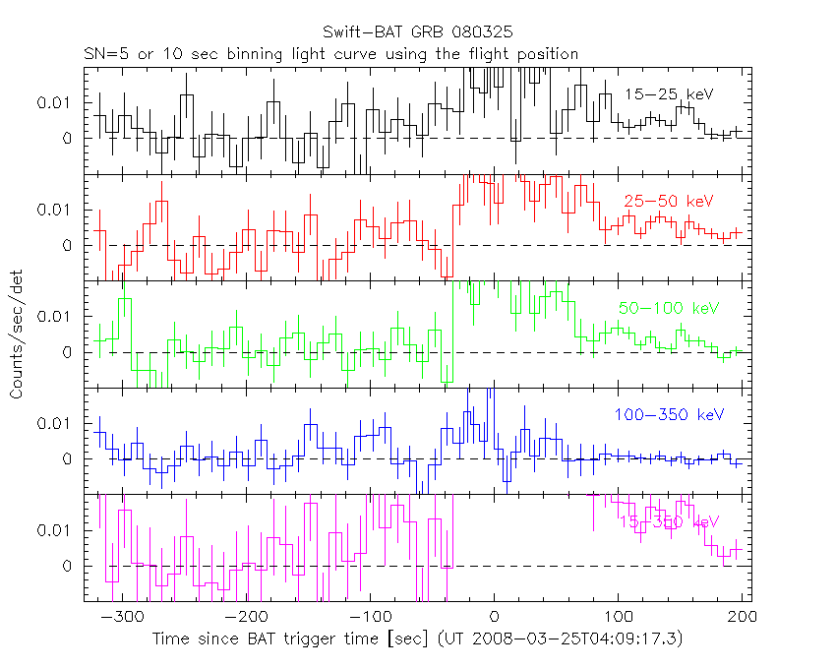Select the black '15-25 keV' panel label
click(x=669, y=94)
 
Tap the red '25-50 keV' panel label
click(x=669, y=202)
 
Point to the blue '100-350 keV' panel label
click(x=670, y=415)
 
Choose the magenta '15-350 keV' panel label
click(x=670, y=522)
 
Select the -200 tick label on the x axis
click(x=245, y=617)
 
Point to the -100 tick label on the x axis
click(x=369, y=617)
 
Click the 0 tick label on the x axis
click(x=494, y=617)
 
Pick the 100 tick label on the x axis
click(x=618, y=617)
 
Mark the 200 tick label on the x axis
click(x=742, y=617)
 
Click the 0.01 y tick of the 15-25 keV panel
click(x=55, y=102)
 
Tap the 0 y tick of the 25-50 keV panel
click(x=68, y=245)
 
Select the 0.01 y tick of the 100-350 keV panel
click(x=55, y=423)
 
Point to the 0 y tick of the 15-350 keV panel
click(x=68, y=566)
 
